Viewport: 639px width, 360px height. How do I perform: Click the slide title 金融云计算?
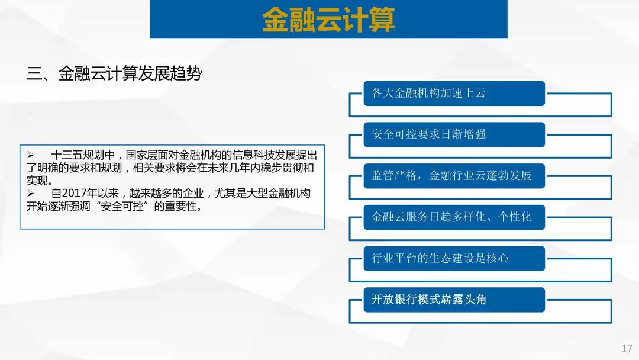tap(328, 20)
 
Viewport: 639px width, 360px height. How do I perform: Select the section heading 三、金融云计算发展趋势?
tap(114, 73)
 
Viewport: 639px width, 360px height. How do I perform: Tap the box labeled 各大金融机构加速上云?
tap(454, 94)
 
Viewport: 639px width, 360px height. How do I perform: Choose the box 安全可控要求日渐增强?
tap(454, 134)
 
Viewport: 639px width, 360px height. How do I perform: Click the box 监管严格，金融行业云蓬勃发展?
tap(454, 176)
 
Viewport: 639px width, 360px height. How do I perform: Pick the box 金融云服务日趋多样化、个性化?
tap(454, 217)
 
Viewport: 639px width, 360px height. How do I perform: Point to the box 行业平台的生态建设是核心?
tap(454, 259)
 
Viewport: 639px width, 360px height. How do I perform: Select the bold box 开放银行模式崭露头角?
tap(454, 300)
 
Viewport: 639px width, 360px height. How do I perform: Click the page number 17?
tap(627, 348)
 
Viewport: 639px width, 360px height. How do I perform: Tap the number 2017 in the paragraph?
tap(74, 193)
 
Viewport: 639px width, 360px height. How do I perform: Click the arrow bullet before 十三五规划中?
tap(31, 155)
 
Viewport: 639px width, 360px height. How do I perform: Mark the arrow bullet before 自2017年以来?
tap(31, 193)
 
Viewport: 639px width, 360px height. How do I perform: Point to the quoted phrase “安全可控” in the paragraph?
tap(122, 206)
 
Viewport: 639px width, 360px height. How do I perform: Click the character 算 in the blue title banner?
tap(382, 20)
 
